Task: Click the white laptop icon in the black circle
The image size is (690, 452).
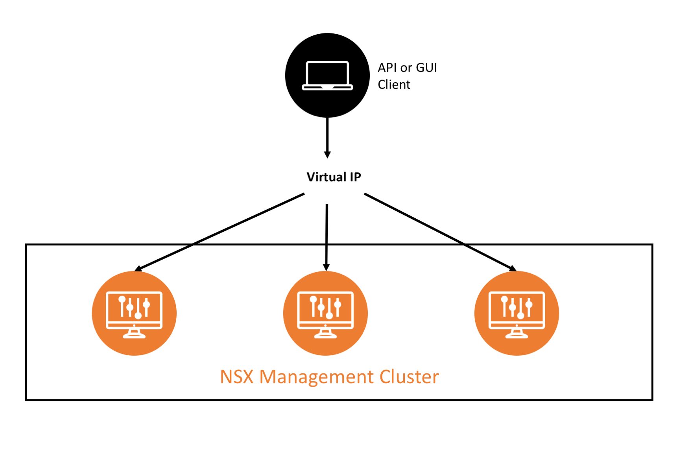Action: [x=327, y=76]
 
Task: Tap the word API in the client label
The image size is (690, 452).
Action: [x=387, y=68]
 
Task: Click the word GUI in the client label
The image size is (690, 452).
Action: [x=426, y=68]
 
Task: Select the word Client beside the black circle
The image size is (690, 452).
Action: [x=394, y=85]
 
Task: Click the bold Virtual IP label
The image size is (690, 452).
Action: [x=334, y=177]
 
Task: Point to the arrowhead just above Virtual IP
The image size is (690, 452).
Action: [x=327, y=155]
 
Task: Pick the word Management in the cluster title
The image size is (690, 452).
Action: [x=317, y=377]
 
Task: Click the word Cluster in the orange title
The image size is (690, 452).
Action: [x=409, y=377]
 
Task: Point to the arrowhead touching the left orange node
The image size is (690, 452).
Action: [x=138, y=269]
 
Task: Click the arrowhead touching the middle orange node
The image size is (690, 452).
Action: [x=326, y=268]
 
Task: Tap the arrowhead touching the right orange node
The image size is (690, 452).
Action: [x=513, y=269]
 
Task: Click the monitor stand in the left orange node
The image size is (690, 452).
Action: [x=134, y=334]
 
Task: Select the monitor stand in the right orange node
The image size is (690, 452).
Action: [x=517, y=334]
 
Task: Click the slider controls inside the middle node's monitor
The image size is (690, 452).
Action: [x=325, y=307]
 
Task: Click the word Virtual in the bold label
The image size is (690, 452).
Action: [x=326, y=177]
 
